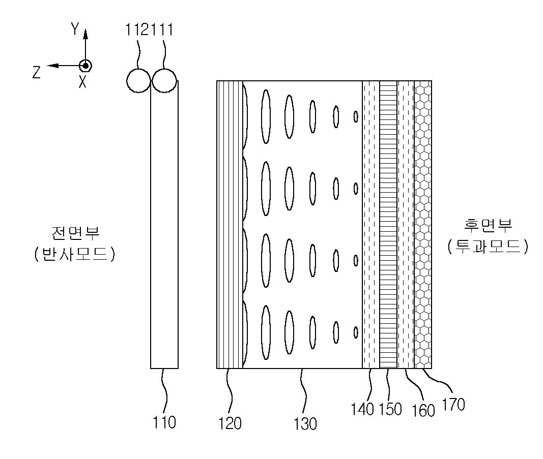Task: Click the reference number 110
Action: (x=164, y=422)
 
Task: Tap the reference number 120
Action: (x=230, y=423)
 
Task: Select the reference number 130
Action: (x=305, y=423)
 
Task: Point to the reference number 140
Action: (x=363, y=409)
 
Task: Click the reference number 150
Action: (x=390, y=409)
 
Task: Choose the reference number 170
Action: (x=453, y=405)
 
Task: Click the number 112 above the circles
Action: (x=138, y=30)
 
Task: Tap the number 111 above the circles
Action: (x=162, y=30)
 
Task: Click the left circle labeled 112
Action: (x=138, y=80)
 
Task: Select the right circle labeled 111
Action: (x=164, y=80)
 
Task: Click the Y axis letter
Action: (x=75, y=29)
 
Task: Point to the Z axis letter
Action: (x=37, y=73)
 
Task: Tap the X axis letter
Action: (x=82, y=82)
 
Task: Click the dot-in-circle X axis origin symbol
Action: (x=85, y=66)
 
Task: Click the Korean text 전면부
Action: (x=76, y=234)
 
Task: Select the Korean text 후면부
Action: (x=488, y=226)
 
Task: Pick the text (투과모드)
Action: (x=488, y=246)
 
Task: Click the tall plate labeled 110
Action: (x=164, y=229)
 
